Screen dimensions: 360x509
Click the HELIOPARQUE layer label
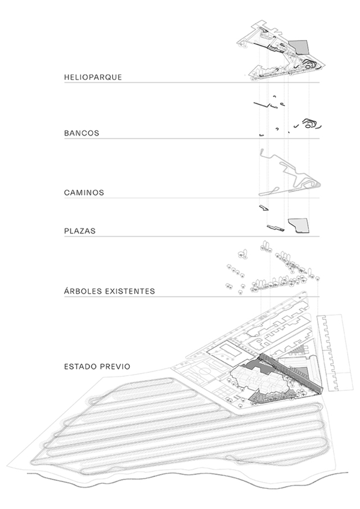click(93, 77)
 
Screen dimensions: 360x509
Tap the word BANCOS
click(82, 133)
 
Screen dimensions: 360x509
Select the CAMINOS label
click(84, 192)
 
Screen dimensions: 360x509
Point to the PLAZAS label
click(80, 231)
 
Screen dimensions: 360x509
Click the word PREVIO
click(116, 367)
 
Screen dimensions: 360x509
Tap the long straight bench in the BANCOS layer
click(262, 105)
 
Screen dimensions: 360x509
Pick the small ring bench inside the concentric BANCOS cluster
click(310, 123)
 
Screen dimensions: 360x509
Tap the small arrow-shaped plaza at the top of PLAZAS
click(264, 208)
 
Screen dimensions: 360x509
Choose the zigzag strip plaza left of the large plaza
click(276, 228)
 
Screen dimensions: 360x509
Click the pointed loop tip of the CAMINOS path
click(319, 184)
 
